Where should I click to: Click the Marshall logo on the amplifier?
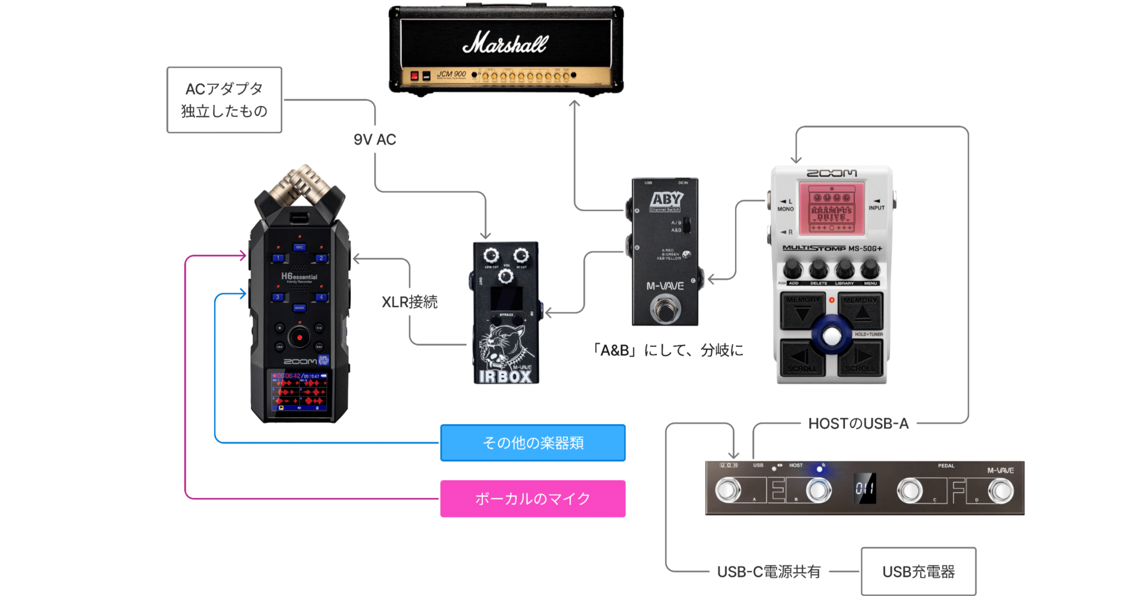505,43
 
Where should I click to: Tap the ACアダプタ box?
224,100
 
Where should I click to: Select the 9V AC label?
375,139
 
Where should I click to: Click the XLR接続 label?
409,302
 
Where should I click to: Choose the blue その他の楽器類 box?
533,442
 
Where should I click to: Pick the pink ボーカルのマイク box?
533,499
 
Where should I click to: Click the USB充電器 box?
918,572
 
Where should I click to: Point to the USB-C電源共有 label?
769,572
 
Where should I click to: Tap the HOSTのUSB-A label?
858,423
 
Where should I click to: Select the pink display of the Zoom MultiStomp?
831,208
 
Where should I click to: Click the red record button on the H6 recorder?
300,337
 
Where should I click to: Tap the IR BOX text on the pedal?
505,376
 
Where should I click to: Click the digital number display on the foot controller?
864,489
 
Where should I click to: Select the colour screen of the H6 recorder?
300,391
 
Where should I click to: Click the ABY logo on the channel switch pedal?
666,200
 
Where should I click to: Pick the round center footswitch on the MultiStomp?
832,336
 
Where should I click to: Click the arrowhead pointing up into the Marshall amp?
574,104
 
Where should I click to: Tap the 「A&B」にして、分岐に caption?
667,350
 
